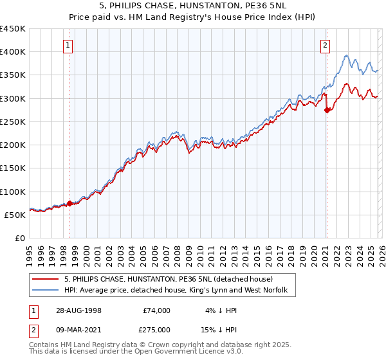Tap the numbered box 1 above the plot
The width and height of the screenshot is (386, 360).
point(69,46)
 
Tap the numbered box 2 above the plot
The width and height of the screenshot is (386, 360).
point(326,46)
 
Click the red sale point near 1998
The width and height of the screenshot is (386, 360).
point(70,203)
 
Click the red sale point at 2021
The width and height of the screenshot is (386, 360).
point(326,110)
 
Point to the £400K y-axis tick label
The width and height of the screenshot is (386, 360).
point(12,52)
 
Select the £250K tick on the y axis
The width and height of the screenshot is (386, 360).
point(12,122)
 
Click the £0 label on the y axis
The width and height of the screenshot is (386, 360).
point(21,238)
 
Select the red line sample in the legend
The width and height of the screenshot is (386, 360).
point(46,279)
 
